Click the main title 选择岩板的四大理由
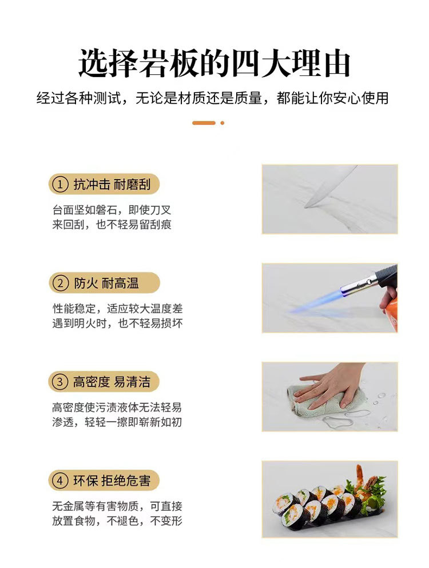214,64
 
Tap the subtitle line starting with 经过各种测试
213,98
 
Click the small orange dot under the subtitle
223,123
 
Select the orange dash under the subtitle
204,123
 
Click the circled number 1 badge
59,185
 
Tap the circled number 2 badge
59,283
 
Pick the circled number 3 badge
59,382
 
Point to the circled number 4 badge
59,481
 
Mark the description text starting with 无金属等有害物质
117,513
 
